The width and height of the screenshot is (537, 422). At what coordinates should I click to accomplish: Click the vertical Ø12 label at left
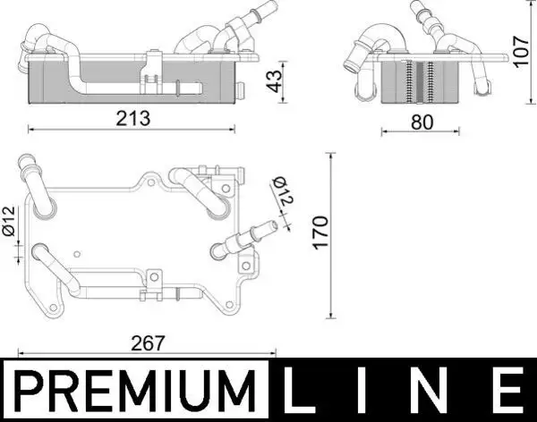8,222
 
